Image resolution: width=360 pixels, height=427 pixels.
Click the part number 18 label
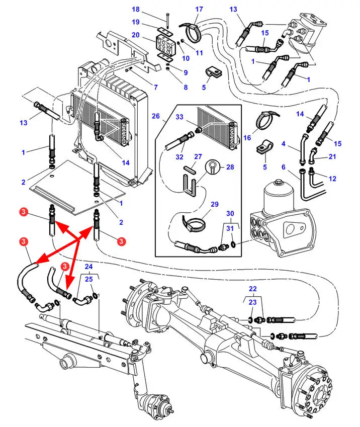point(136,10)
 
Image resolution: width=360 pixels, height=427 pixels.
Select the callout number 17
point(199,9)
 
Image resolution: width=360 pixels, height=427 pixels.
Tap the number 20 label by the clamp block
point(136,35)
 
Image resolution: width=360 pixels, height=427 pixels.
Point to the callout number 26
point(156,116)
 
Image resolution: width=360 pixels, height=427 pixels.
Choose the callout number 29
point(215,205)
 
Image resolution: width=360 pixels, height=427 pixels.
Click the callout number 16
point(247,137)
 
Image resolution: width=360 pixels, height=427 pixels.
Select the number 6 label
point(284,167)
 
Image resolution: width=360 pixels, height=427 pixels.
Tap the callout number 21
point(332,156)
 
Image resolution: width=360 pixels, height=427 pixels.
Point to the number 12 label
point(332,179)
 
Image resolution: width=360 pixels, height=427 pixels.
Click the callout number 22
point(252,289)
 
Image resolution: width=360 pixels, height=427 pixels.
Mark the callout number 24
point(88,267)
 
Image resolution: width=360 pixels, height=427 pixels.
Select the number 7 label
point(155,87)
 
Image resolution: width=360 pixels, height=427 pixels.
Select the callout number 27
point(198,156)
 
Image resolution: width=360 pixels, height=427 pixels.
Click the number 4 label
point(284,143)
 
